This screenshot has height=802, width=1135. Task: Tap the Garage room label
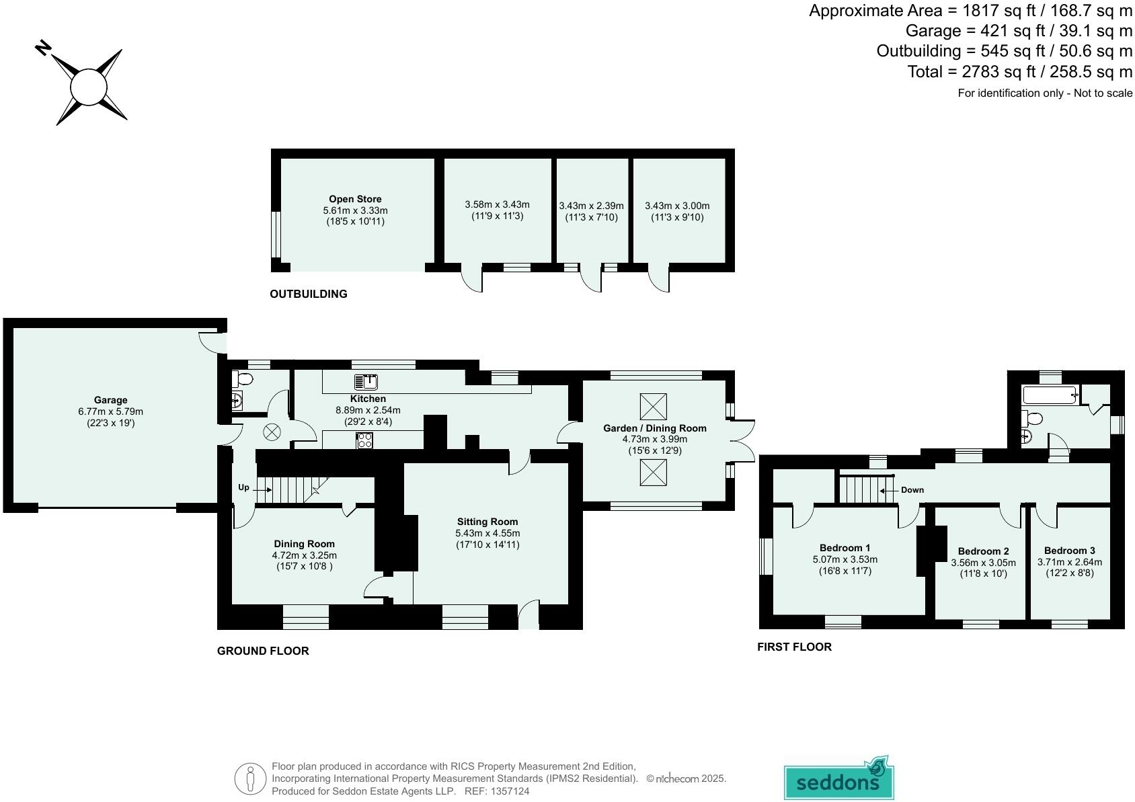tap(111, 400)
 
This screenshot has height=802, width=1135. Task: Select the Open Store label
tap(355, 199)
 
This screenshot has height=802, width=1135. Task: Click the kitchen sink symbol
tap(366, 383)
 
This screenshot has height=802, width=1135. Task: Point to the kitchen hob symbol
tap(365, 440)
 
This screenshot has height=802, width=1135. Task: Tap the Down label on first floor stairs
tap(912, 490)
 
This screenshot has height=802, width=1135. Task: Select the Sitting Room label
tap(487, 522)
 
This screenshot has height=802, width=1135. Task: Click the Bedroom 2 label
tap(983, 551)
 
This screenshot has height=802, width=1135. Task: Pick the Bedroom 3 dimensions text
tap(1070, 568)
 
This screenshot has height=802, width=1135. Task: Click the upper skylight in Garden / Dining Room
tap(653, 407)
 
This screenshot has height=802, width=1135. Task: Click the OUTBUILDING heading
tap(309, 294)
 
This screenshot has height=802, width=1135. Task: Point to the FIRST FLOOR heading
tap(794, 647)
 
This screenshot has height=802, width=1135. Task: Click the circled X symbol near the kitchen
tap(272, 432)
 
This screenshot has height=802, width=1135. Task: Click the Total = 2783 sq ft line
tap(1019, 71)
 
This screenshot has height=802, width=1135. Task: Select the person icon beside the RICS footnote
tap(250, 778)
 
